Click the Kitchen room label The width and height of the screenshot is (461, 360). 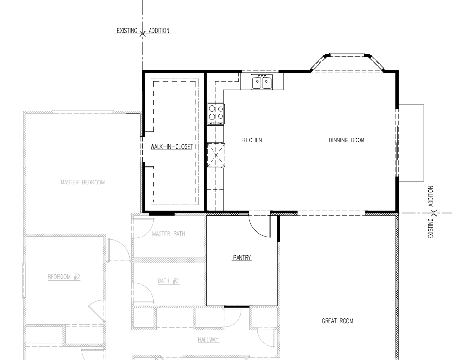(x=252, y=140)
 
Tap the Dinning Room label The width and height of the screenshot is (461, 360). (x=346, y=140)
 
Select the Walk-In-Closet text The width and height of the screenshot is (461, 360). (x=172, y=147)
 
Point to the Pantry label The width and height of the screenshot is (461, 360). (x=242, y=258)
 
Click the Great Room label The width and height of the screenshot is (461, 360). (x=337, y=321)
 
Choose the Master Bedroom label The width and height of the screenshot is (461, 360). (x=83, y=183)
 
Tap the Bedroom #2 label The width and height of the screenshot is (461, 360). (x=64, y=277)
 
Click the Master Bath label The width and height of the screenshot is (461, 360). (x=169, y=234)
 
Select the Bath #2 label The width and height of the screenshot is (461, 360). (x=168, y=281)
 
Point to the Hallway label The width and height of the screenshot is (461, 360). (x=208, y=340)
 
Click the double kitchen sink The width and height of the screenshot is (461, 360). (x=262, y=82)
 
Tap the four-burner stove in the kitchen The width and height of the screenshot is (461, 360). (x=216, y=114)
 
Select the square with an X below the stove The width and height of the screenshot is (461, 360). (x=216, y=155)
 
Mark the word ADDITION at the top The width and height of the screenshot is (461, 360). (x=159, y=31)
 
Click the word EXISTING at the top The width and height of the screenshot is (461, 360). (x=127, y=31)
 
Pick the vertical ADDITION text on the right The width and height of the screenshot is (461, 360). (x=431, y=196)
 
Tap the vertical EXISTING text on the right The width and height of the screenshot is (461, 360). (x=431, y=229)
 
